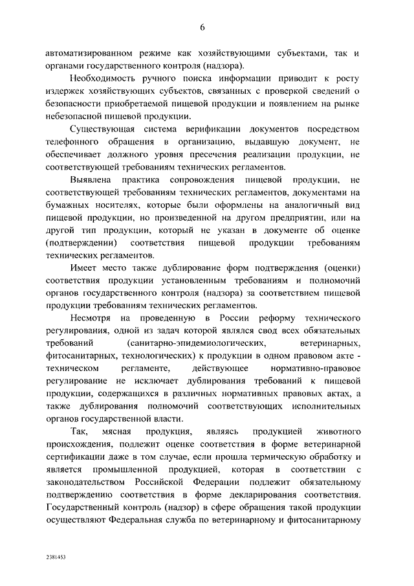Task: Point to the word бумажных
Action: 69,205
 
